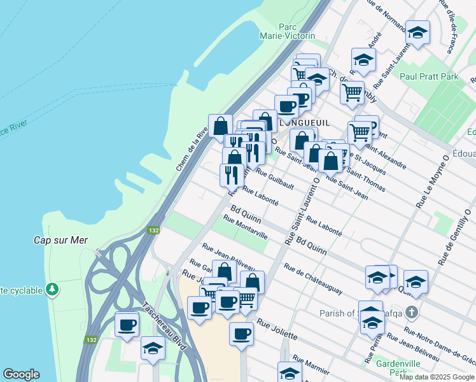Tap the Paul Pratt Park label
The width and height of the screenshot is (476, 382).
tap(430, 76)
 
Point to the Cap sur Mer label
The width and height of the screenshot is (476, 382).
tap(60, 241)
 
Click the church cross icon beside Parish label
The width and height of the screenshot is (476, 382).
tap(412, 313)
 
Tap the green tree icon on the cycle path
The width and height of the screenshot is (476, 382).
tap(51, 290)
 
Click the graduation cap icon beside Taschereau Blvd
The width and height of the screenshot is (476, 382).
tap(153, 348)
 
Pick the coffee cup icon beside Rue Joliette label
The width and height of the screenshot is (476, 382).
tap(241, 333)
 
